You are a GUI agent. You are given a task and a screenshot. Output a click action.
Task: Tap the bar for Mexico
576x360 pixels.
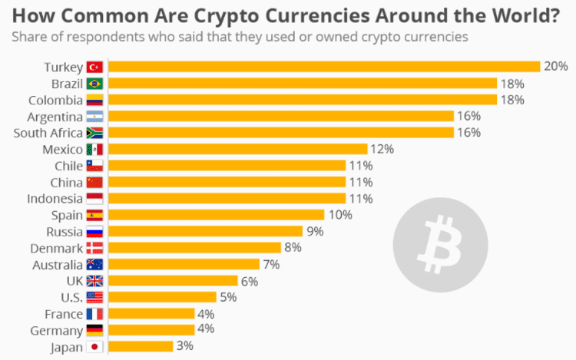coord(238,149)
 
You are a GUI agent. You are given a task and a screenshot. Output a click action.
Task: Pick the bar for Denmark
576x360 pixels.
coord(194,247)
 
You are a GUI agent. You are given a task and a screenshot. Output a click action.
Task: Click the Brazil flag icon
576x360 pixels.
coord(94,84)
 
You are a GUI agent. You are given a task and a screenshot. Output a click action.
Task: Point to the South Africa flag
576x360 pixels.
coord(94,133)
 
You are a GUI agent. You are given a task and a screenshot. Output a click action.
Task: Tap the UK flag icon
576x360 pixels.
coord(94,281)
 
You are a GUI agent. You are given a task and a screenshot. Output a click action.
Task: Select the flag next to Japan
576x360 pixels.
coord(94,346)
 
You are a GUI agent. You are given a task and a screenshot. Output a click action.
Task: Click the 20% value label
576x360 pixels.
coord(555,67)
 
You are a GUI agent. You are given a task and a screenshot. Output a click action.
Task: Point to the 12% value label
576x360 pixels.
coord(382,149)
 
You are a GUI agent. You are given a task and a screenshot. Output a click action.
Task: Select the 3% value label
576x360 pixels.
coord(184,346)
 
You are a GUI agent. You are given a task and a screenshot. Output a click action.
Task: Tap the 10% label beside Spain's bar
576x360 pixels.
coord(339,215)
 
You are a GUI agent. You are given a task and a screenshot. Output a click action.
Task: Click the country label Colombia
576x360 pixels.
coord(56,100)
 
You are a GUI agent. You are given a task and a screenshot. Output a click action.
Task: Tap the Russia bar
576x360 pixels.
coord(205,231)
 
